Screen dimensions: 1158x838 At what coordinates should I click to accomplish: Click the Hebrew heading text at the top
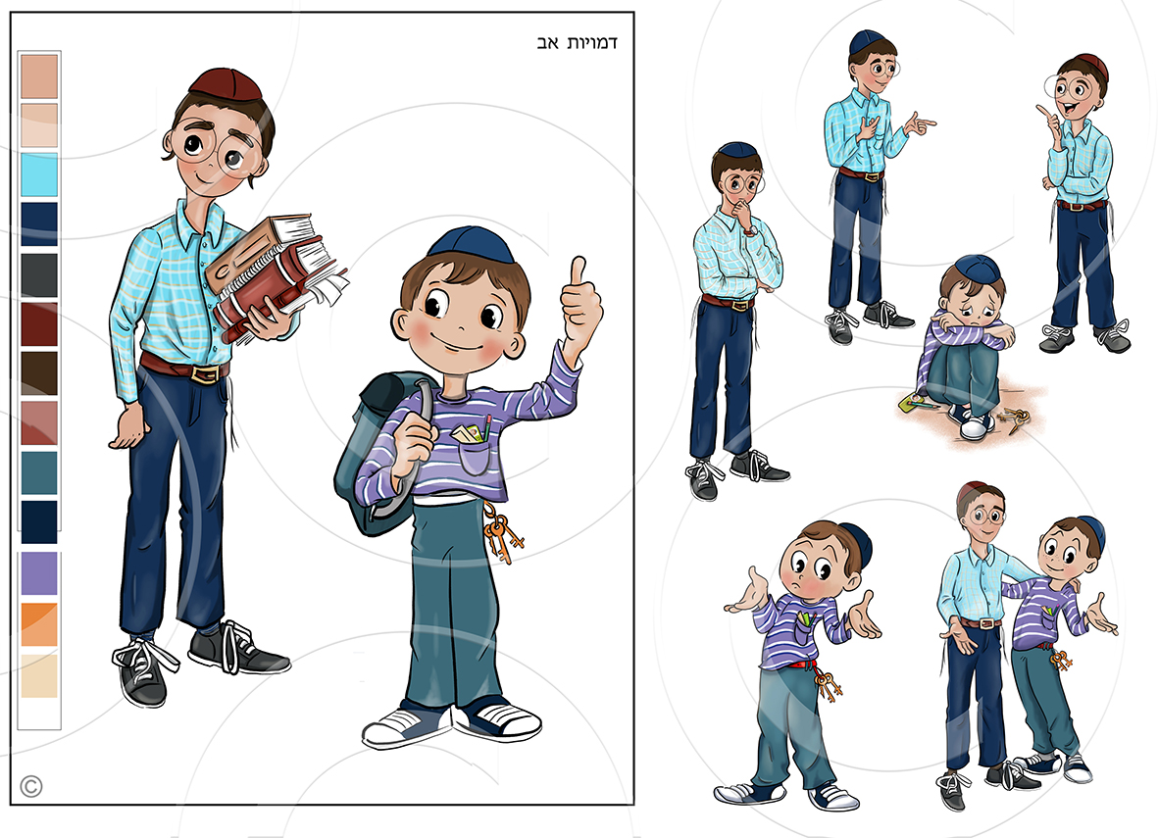(x=577, y=43)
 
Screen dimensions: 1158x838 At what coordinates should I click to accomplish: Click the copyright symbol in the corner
(x=31, y=786)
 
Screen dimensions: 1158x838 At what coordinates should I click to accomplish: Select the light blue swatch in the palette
(x=39, y=174)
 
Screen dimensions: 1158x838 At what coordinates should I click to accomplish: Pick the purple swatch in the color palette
(x=39, y=573)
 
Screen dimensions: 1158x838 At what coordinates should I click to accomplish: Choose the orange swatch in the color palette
(x=39, y=624)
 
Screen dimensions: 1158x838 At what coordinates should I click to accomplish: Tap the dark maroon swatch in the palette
(x=39, y=324)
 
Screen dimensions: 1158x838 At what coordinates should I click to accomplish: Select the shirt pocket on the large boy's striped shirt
(x=475, y=453)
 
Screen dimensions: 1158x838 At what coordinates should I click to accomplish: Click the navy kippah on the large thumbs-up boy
(x=471, y=245)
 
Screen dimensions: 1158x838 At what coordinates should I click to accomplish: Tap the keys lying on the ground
(x=1013, y=419)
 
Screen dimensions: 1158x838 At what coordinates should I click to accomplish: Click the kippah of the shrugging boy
(x=857, y=543)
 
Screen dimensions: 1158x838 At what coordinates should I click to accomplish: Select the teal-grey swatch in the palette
(x=39, y=472)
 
